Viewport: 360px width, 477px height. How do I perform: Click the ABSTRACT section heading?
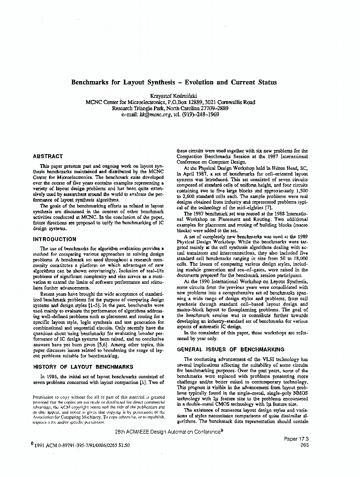click(48, 156)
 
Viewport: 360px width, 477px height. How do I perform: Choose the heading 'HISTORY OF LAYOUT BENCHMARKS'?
click(83, 367)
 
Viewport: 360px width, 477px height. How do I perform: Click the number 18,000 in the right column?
click(298, 262)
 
